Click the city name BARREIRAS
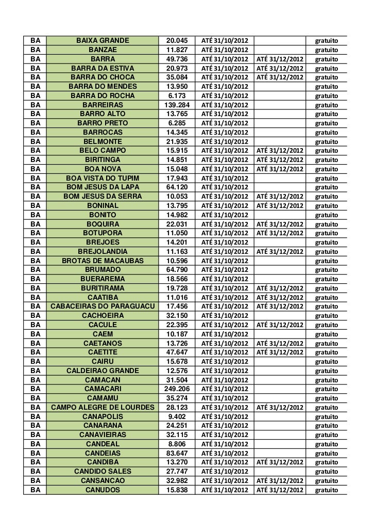pos(102,105)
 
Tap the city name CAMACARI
pos(102,388)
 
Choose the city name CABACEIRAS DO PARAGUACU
pos(102,307)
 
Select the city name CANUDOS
pos(102,489)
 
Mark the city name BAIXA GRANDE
pos(102,40)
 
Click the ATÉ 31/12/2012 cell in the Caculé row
pos(280,325)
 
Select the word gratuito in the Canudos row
pos(327,489)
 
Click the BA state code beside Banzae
pos(36,50)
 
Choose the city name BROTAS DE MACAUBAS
pos(102,261)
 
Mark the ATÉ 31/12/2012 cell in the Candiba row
pos(280,462)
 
